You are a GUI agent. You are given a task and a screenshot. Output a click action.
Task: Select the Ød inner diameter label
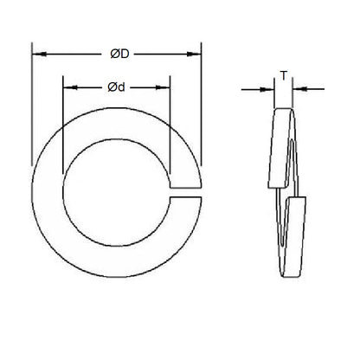116,87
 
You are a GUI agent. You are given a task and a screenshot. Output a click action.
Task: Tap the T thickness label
283,74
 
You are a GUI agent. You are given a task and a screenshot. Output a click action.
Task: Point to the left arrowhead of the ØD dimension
36,55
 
